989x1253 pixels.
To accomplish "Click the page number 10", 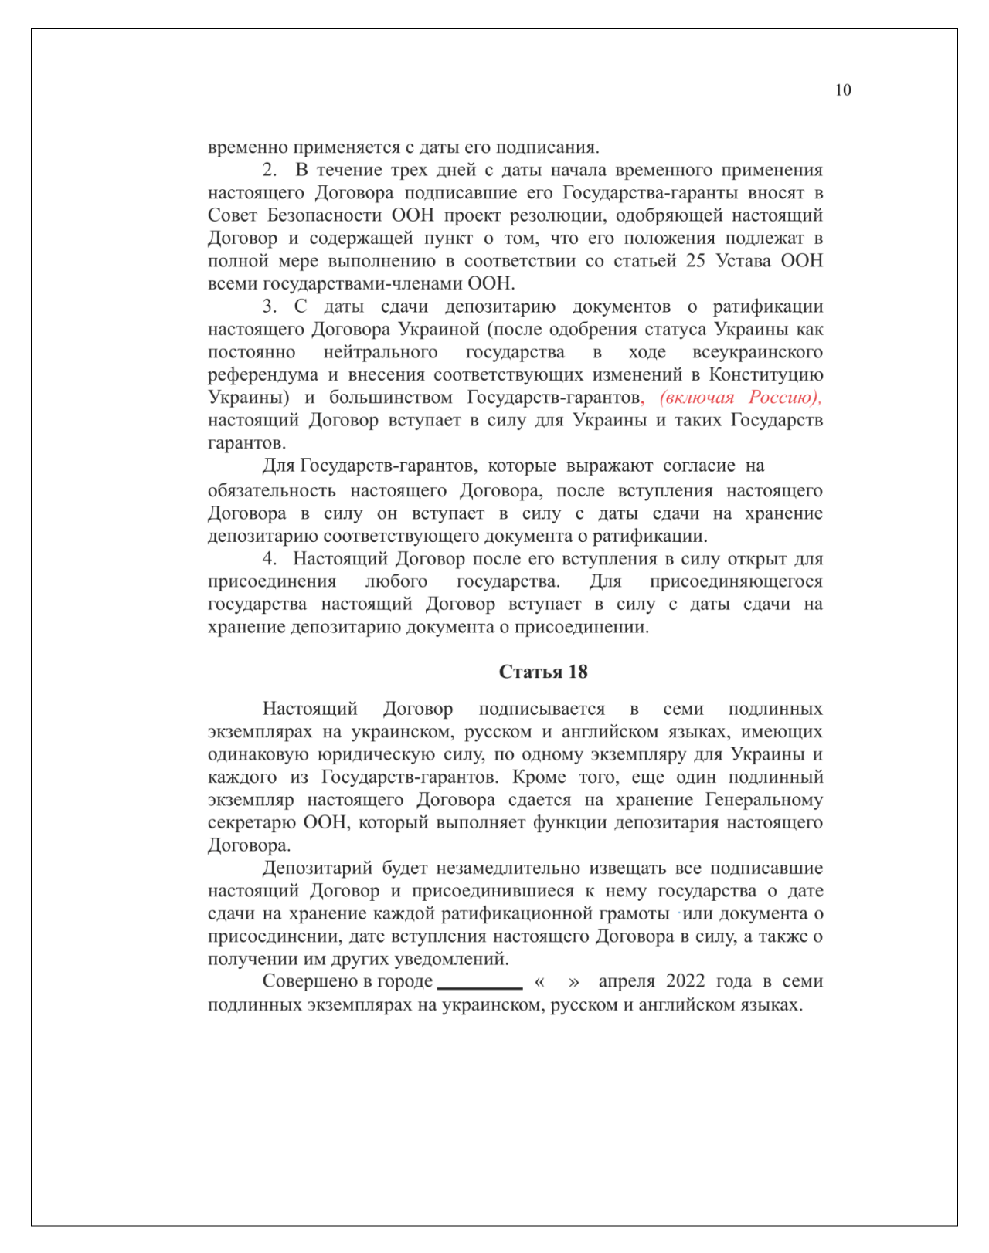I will click(842, 90).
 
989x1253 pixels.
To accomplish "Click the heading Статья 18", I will click(543, 672).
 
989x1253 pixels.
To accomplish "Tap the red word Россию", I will click(783, 398).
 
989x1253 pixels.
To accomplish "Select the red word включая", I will click(697, 398).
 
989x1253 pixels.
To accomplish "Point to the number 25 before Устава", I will click(695, 260).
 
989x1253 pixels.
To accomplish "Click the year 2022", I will click(685, 981).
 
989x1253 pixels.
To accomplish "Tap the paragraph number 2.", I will click(269, 170).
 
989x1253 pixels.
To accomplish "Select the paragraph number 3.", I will click(269, 306).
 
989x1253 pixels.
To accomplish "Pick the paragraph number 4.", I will click(269, 558).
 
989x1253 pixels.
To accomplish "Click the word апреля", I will click(627, 981).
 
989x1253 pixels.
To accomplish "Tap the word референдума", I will click(263, 375).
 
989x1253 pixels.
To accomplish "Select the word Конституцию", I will click(766, 375).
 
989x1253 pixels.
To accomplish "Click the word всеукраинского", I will click(757, 352).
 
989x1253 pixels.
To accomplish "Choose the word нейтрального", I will click(380, 352).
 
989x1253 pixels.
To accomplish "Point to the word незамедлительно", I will click(508, 868).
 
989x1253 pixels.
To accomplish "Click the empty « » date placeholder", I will click(556, 982).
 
